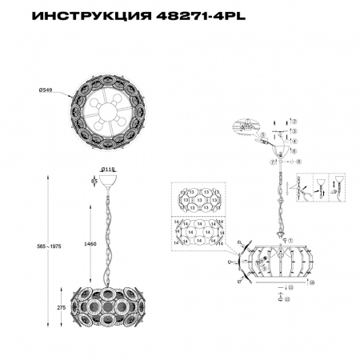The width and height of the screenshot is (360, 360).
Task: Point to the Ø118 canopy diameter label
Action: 109,169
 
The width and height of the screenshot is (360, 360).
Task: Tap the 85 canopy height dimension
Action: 94,182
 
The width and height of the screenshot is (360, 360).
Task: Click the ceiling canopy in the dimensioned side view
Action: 109,183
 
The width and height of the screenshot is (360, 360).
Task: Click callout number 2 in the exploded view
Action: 294,120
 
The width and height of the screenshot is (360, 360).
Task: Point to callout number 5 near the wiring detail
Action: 262,137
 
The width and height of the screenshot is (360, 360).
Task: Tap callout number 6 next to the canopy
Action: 294,150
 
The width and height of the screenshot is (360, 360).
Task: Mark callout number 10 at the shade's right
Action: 312,282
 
